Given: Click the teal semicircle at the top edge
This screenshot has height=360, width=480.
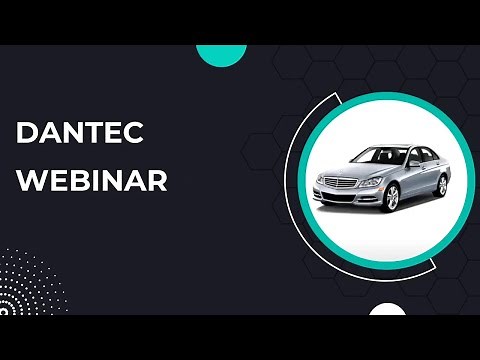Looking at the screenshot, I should [x=222, y=53].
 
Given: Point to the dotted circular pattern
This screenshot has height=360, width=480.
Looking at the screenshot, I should [x=25, y=285].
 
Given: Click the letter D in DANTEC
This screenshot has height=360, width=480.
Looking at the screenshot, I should [x=27, y=133].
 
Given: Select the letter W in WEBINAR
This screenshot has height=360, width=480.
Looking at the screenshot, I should [x=30, y=182].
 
